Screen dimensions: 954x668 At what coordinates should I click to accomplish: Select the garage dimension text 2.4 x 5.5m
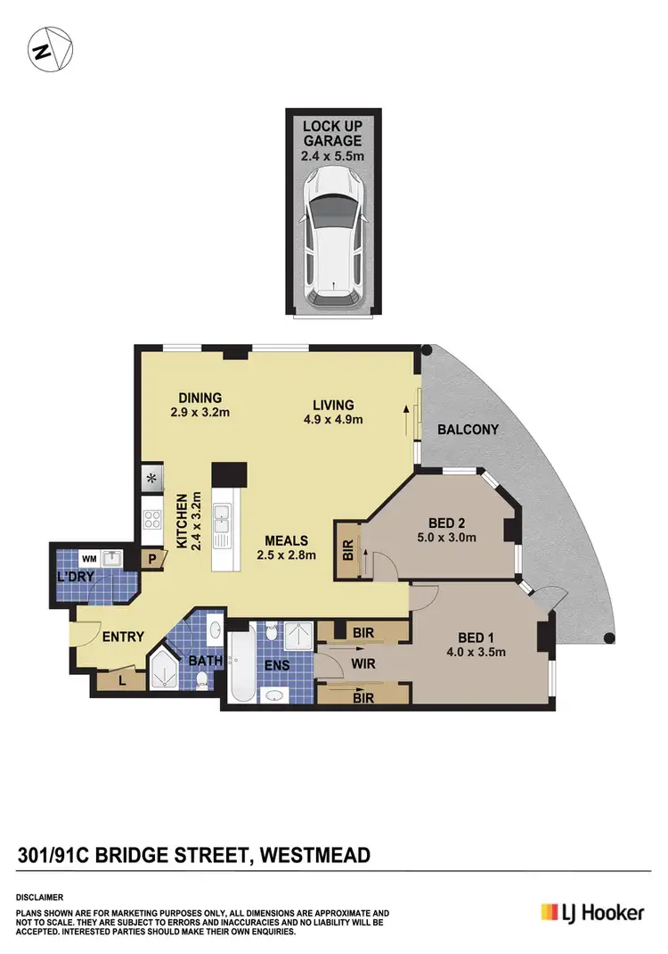click(x=331, y=156)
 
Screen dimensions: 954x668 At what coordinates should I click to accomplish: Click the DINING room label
click(x=199, y=398)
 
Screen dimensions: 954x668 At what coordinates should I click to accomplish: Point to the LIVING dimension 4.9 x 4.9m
click(x=333, y=419)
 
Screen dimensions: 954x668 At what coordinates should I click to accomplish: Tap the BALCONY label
click(x=468, y=430)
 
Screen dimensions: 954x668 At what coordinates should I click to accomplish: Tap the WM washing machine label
click(x=88, y=557)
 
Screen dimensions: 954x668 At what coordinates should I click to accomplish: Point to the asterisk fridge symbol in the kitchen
click(x=150, y=479)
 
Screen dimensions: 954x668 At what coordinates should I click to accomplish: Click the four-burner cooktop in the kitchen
click(x=150, y=520)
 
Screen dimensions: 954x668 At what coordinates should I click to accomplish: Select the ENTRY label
click(x=124, y=637)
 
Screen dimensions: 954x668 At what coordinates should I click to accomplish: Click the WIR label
click(x=362, y=662)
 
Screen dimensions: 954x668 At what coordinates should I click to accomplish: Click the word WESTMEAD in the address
click(x=314, y=857)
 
